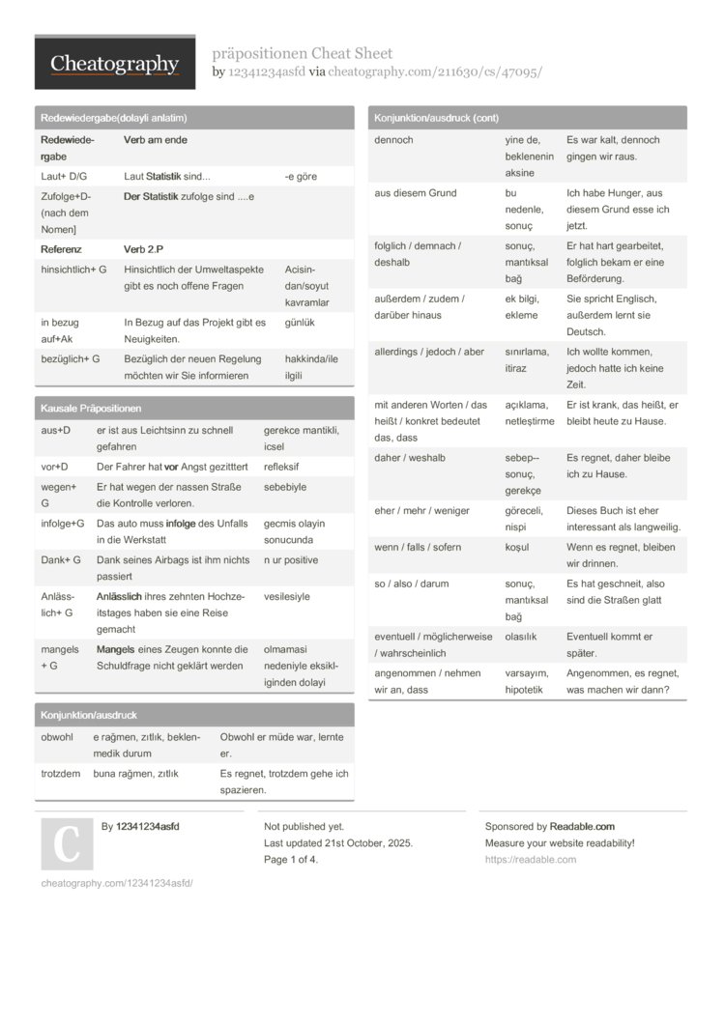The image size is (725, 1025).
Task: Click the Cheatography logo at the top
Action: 114,64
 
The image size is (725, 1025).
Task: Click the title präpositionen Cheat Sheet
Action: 302,53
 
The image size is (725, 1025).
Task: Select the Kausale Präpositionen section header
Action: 91,409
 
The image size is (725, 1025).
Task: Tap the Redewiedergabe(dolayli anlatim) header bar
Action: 114,118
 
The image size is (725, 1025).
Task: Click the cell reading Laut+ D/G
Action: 64,177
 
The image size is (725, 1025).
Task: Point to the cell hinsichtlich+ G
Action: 73,270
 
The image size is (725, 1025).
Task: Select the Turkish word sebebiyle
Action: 284,487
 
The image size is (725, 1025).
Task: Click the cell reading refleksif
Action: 281,467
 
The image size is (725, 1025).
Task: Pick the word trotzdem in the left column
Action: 61,774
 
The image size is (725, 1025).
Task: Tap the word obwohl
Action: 57,737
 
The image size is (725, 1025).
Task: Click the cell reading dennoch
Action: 393,140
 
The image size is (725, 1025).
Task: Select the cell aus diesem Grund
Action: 415,193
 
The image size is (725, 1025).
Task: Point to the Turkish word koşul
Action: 517,548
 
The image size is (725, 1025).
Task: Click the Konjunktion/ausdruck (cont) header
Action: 435,118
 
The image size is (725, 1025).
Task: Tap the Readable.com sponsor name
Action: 582,827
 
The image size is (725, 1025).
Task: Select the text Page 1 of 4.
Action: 291,860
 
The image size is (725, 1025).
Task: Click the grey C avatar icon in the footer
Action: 67,843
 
